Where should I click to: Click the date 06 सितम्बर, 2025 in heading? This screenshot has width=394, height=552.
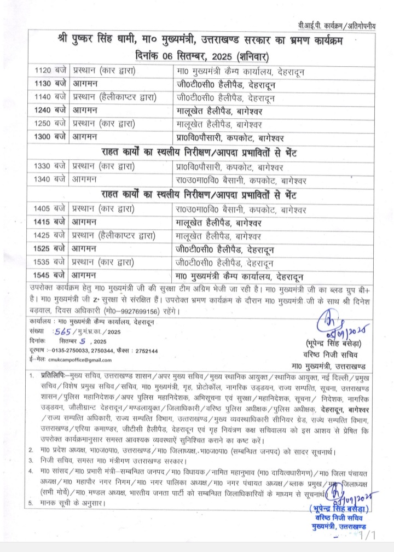[x=188, y=55]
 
